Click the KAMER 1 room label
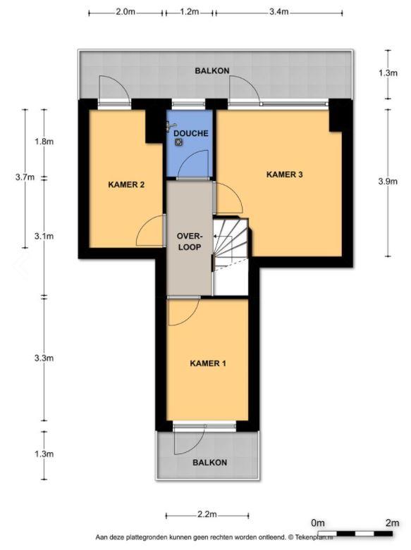click(x=207, y=363)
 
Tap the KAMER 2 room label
click(x=126, y=185)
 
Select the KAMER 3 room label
click(x=285, y=175)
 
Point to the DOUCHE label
click(x=191, y=133)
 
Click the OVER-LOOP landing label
click(x=190, y=242)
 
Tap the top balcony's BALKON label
click(x=212, y=70)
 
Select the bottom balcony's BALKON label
click(x=209, y=462)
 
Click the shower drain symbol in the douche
click(x=179, y=142)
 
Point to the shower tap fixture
click(x=171, y=126)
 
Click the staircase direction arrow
click(x=222, y=237)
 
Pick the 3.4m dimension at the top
click(x=279, y=12)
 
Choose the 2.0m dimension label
click(x=125, y=12)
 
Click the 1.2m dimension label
click(x=190, y=12)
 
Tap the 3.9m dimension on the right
click(x=388, y=182)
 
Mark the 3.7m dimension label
click(x=25, y=177)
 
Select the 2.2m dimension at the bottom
click(x=207, y=515)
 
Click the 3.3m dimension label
click(x=44, y=358)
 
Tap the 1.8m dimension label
click(x=44, y=142)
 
